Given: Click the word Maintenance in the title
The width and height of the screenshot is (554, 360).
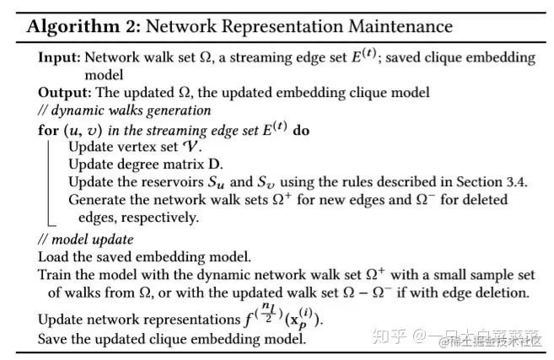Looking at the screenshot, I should pyautogui.click(x=397, y=25).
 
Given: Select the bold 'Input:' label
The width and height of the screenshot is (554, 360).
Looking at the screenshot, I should pyautogui.click(x=59, y=57).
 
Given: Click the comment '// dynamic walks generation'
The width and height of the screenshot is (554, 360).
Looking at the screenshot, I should pyautogui.click(x=124, y=110).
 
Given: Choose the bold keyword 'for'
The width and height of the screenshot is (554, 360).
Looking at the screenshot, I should pyautogui.click(x=48, y=132).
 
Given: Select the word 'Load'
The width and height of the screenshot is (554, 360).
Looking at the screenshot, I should pyautogui.click(x=53, y=255).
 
